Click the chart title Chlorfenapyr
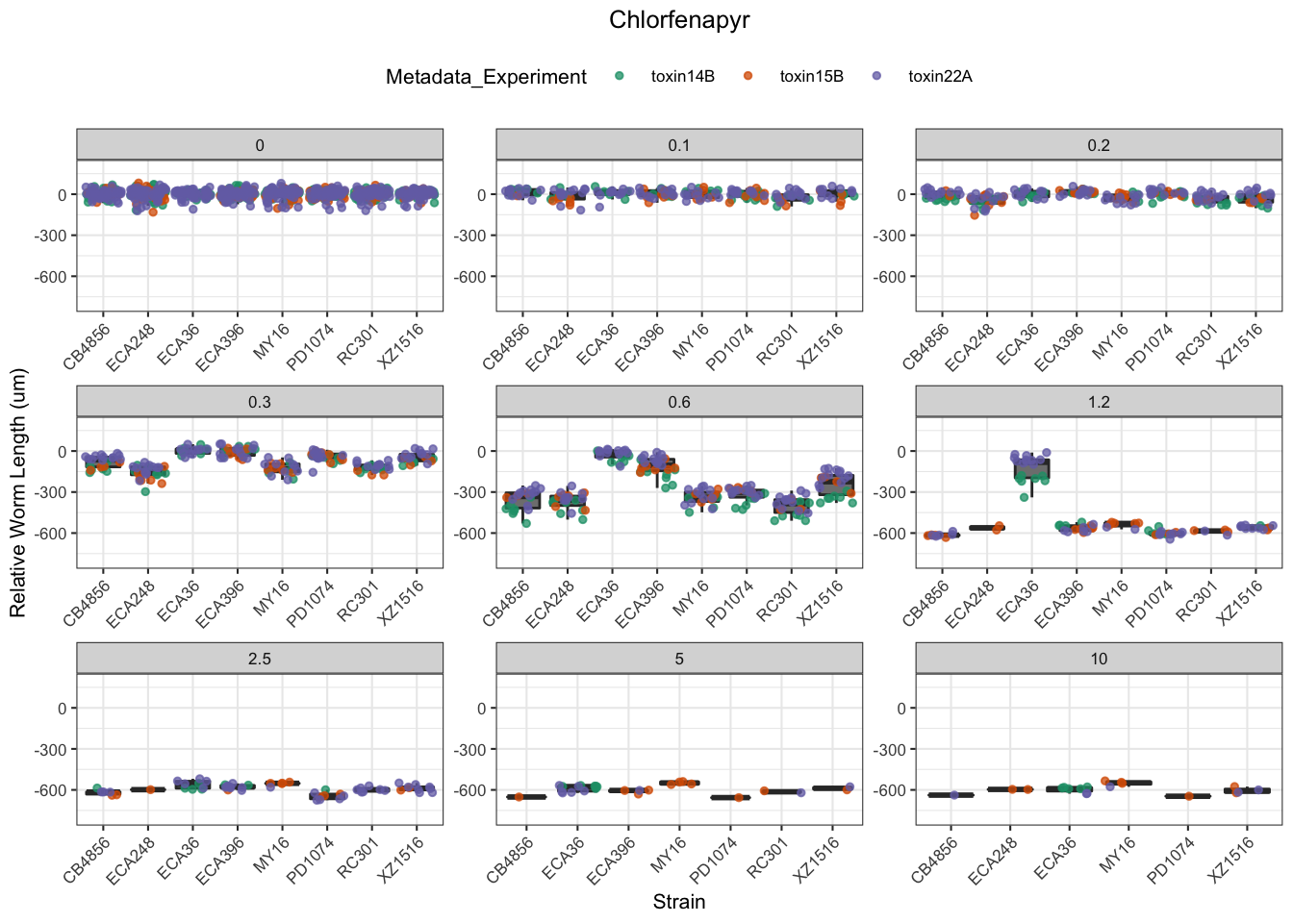[679, 20]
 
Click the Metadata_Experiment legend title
[486, 77]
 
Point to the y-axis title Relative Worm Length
[18, 493]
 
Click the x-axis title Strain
[679, 902]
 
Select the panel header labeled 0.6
[679, 402]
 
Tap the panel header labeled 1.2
[1099, 402]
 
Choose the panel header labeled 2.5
[260, 659]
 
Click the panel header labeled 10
[1099, 659]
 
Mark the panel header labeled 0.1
[679, 145]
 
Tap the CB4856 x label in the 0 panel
[87, 347]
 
